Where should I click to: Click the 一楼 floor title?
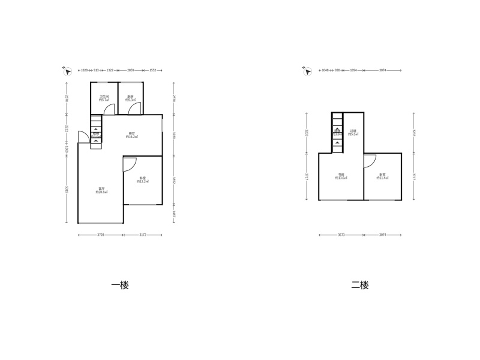[120, 285]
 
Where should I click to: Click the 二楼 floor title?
[360, 285]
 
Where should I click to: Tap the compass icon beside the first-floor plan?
[67, 71]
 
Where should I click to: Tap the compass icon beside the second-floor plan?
[307, 71]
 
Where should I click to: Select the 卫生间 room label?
[103, 98]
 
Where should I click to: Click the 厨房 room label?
[131, 98]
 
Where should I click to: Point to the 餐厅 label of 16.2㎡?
[132, 135]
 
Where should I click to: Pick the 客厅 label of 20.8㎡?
[101, 190]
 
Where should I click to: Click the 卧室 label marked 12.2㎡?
[143, 179]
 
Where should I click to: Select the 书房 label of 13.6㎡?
[341, 176]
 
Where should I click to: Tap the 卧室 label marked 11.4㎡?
[382, 176]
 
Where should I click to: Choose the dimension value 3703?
[101, 235]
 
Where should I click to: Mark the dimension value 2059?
[131, 70]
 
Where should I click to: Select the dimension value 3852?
[173, 180]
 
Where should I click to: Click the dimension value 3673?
[341, 235]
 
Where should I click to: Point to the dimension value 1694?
[353, 70]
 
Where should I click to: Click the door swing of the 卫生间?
[109, 109]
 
